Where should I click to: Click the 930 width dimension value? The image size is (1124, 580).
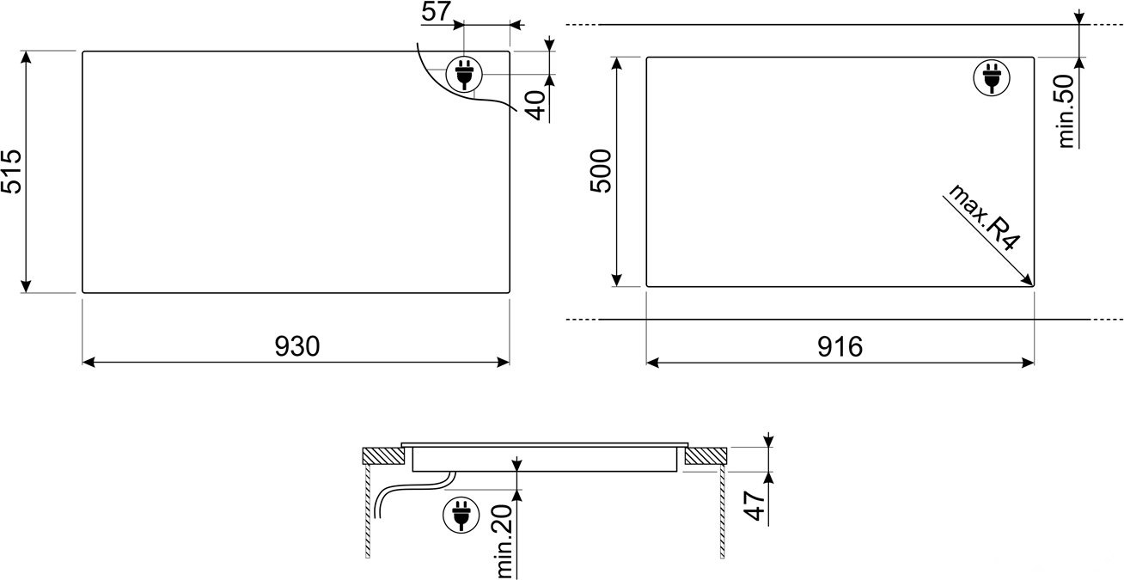(297, 346)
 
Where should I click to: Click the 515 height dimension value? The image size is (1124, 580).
(11, 172)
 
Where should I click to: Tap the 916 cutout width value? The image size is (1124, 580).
(840, 346)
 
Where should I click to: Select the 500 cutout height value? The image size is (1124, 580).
(601, 171)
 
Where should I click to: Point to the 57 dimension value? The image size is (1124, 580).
(436, 11)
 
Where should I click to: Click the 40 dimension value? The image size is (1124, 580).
(537, 106)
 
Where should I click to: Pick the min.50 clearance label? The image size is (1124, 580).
(1066, 111)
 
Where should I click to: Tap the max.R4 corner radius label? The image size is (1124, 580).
(983, 217)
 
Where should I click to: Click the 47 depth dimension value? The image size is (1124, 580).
(754, 506)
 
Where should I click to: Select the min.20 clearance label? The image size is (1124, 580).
(504, 541)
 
